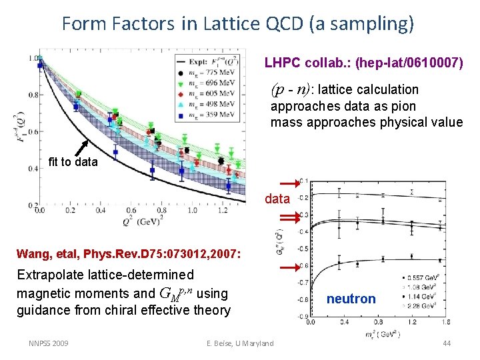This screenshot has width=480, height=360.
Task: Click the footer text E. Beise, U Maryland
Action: click(240, 343)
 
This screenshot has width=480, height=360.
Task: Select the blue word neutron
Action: click(351, 299)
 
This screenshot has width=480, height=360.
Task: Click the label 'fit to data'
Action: click(73, 162)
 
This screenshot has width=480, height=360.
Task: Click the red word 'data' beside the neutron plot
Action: click(277, 199)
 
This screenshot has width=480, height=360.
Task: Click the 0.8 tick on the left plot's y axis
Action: click(33, 95)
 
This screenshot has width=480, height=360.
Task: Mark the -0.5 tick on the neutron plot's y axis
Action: click(303, 249)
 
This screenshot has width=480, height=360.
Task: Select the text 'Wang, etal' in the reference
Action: click(44, 253)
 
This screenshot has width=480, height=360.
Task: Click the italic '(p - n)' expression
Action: click(291, 89)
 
